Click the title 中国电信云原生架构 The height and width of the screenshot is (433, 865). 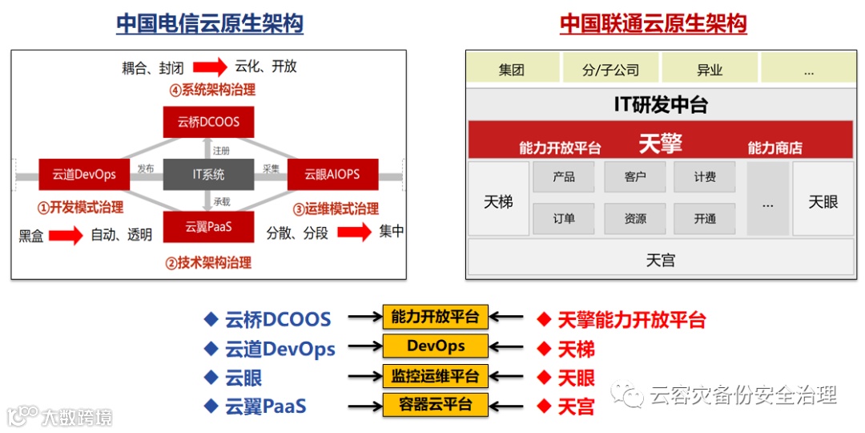pyautogui.click(x=210, y=24)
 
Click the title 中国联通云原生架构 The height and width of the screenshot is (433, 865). pyautogui.click(x=653, y=24)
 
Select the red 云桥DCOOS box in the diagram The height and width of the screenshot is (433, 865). pyautogui.click(x=207, y=123)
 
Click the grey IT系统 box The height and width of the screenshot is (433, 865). pyautogui.click(x=208, y=174)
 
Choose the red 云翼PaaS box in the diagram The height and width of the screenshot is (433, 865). pyautogui.click(x=208, y=227)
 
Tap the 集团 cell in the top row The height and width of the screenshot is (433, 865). pyautogui.click(x=511, y=70)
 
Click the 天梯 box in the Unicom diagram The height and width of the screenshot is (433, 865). pyautogui.click(x=498, y=201)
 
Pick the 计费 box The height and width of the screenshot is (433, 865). pyautogui.click(x=705, y=176)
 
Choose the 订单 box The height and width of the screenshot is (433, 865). pyautogui.click(x=564, y=218)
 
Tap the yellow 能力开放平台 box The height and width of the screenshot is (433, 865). pyautogui.click(x=435, y=317)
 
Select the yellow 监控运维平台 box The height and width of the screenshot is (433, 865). pyautogui.click(x=435, y=376)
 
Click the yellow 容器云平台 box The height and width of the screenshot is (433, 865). pyautogui.click(x=435, y=404)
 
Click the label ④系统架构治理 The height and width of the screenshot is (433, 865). pyautogui.click(x=212, y=90)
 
